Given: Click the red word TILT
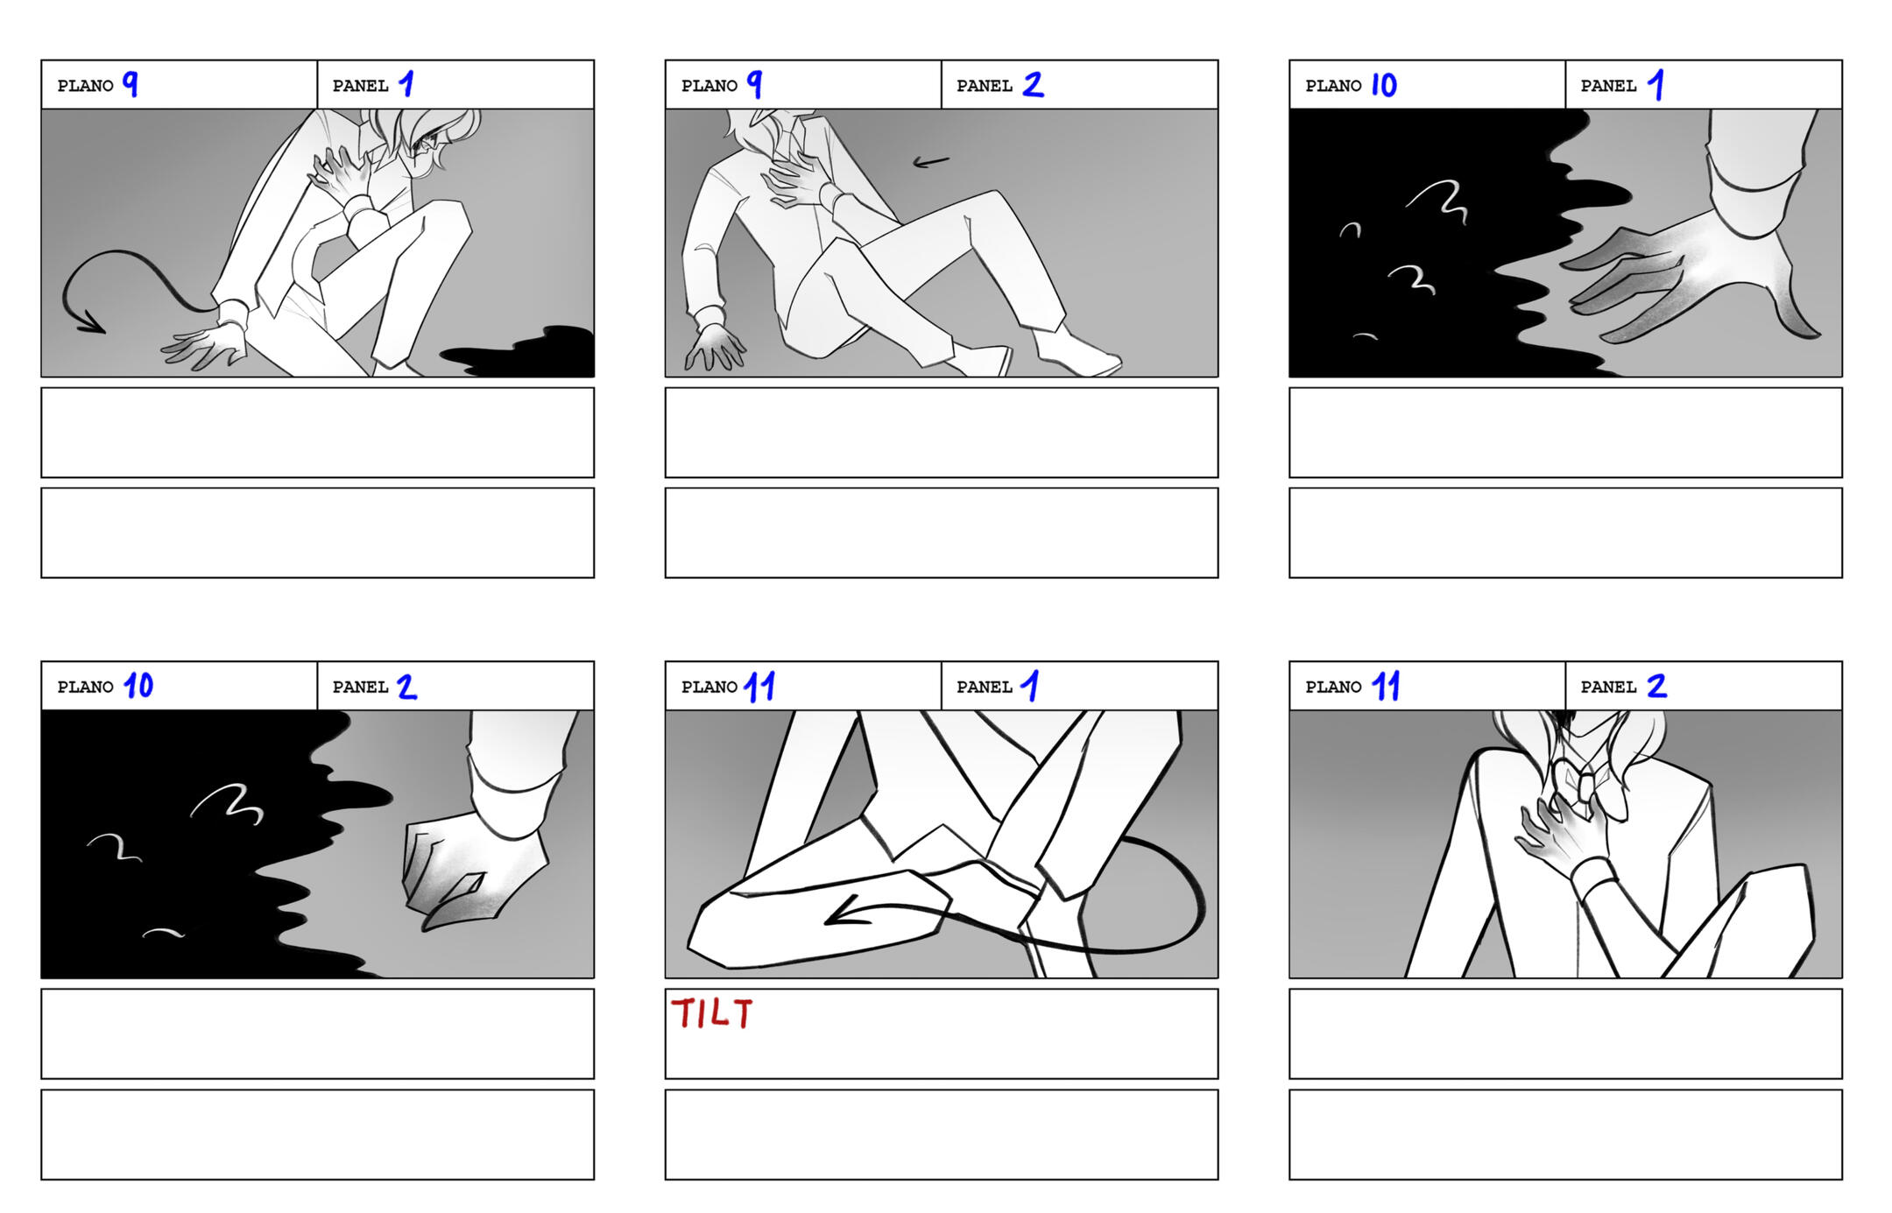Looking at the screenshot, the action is [x=711, y=1013].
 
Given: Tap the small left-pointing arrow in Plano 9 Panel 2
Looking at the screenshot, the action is [x=930, y=161].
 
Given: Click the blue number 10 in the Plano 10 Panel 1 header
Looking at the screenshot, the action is [x=1383, y=85].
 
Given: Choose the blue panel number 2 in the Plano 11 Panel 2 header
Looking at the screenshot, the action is [x=1656, y=686].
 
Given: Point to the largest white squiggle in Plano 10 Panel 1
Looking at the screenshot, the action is [x=1438, y=200].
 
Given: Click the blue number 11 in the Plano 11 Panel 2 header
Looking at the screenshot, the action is [x=1385, y=686].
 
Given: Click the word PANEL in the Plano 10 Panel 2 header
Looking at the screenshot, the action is [x=360, y=688].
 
